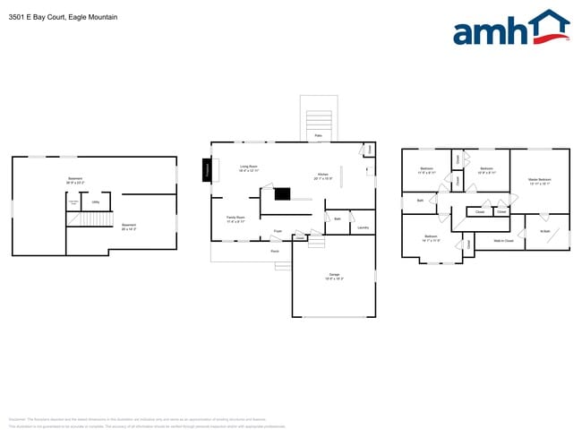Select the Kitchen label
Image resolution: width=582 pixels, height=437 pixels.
323,176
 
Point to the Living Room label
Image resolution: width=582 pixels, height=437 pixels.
249,167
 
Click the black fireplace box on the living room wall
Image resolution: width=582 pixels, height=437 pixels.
209,170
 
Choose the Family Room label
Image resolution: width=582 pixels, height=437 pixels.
236,218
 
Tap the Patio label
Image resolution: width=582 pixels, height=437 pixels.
318,137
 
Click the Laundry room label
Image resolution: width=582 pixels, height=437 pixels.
364,227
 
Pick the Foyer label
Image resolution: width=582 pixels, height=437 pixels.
278,231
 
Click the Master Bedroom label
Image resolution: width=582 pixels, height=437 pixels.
539,180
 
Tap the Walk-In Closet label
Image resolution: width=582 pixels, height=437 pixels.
503,240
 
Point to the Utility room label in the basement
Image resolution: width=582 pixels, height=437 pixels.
95,202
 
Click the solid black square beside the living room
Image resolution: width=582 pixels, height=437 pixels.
283,193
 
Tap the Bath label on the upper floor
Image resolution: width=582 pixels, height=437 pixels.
420,201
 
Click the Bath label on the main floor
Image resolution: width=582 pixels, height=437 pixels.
338,218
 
